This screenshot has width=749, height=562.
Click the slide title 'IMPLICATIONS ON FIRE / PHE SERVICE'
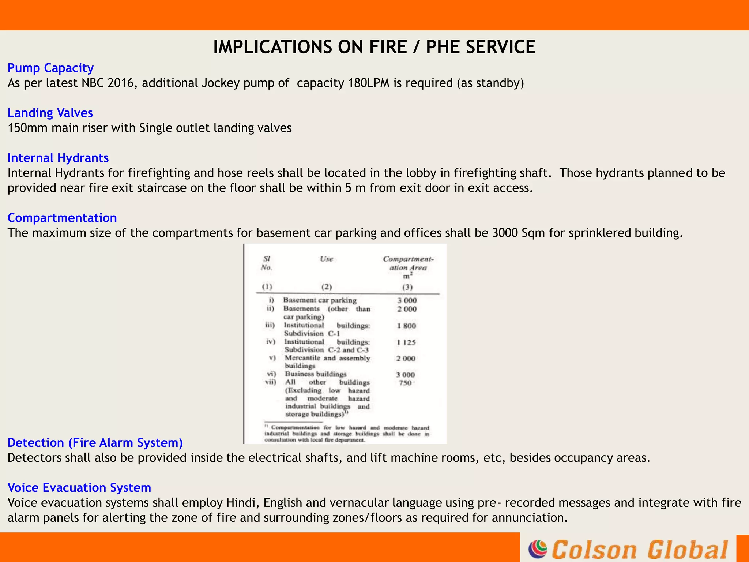(x=374, y=47)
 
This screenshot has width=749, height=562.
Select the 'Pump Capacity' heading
(x=50, y=68)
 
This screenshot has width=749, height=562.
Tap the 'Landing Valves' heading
(x=50, y=113)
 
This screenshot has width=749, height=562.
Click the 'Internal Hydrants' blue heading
(x=58, y=158)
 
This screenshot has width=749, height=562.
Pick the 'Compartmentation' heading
(x=62, y=218)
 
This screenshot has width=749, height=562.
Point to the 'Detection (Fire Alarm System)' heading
(x=95, y=443)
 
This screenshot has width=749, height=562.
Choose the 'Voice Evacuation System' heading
(x=79, y=488)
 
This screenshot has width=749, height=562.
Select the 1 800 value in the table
(x=407, y=326)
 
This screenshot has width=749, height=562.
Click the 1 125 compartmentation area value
(x=407, y=342)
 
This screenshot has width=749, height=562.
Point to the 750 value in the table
(x=405, y=383)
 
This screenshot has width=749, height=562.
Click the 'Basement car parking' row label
(x=320, y=300)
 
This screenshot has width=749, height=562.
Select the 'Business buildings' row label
(x=316, y=374)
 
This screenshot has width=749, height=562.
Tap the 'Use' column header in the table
(x=327, y=259)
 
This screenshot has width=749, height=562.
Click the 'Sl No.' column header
(x=267, y=263)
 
